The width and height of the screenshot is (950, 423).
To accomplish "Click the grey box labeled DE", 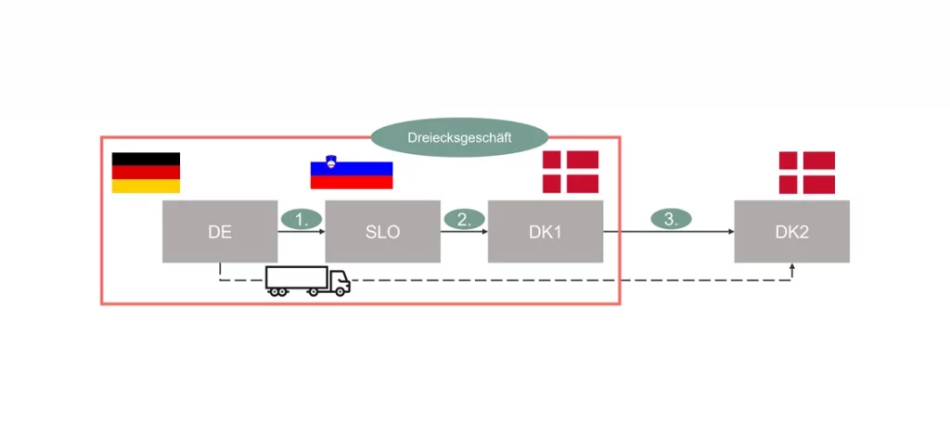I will point(220,232).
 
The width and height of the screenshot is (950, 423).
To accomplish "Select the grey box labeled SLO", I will point(382,232).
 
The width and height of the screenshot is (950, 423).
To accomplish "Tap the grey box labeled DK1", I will point(546,232).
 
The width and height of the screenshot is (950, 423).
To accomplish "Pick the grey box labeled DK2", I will point(792,232).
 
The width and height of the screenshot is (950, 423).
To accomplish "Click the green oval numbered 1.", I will point(301,220).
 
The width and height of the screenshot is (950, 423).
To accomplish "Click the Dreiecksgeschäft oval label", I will point(459,137).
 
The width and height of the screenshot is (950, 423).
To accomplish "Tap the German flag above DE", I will point(146,173).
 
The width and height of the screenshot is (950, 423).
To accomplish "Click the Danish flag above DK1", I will point(571,172).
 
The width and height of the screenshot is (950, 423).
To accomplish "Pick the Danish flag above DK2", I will point(806,173).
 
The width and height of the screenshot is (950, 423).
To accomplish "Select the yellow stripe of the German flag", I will point(146,186).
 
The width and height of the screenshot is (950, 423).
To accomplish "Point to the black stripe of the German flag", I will point(146,160).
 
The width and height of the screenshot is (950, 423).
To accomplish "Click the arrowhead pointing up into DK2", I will point(792,267).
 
